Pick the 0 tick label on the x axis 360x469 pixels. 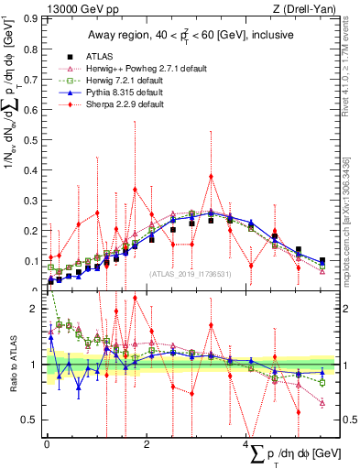pos(47,444)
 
